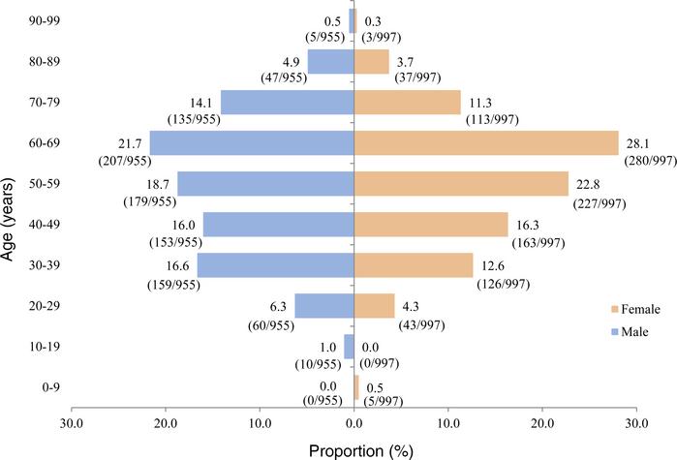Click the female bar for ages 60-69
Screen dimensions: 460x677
coord(486,143)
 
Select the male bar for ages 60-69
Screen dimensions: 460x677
coord(252,143)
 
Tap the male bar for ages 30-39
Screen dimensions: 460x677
coord(276,264)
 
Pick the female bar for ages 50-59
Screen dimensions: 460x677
coord(461,184)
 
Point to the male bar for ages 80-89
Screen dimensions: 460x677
coord(331,62)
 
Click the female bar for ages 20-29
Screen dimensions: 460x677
coord(374,305)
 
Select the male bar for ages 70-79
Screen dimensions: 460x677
coord(288,103)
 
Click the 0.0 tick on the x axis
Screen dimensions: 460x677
coord(354,422)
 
